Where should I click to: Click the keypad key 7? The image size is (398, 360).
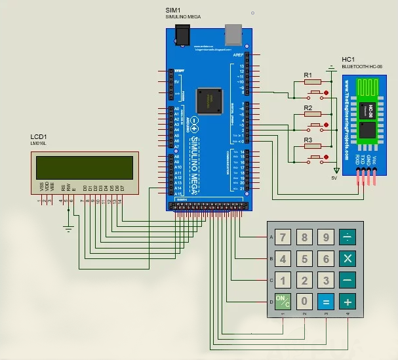pyautogui.click(x=283, y=237)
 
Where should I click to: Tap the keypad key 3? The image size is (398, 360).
pyautogui.click(x=325, y=281)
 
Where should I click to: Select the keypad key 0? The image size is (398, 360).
pyautogui.click(x=304, y=302)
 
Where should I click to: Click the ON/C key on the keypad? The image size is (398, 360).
pyautogui.click(x=283, y=302)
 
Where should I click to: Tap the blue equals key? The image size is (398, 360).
pyautogui.click(x=325, y=302)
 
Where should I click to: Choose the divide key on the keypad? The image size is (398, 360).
pyautogui.click(x=348, y=237)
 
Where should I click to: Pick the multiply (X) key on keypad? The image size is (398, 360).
pyautogui.click(x=348, y=258)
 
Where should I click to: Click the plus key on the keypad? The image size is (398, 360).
pyautogui.click(x=348, y=302)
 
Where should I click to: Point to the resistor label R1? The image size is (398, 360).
pyautogui.click(x=308, y=75)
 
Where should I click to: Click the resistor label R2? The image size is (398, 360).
pyautogui.click(x=308, y=108)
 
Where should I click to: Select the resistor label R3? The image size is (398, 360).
pyautogui.click(x=308, y=140)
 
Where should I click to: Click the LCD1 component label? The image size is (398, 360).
pyautogui.click(x=38, y=136)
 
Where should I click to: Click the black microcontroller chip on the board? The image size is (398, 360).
pyautogui.click(x=209, y=99)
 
